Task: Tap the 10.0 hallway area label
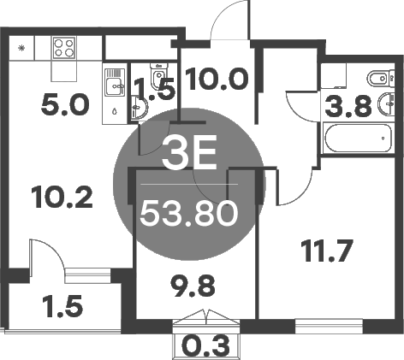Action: click(x=217, y=80)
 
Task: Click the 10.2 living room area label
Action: click(x=60, y=198)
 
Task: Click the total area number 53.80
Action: click(x=188, y=212)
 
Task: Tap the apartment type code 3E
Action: click(x=188, y=160)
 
